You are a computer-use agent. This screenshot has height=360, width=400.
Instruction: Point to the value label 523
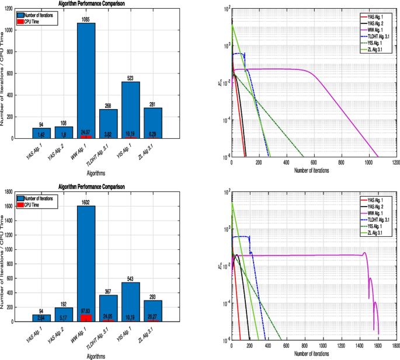[131, 78]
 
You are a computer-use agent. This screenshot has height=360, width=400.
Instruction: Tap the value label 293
[154, 296]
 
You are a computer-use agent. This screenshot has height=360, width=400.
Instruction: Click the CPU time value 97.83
[86, 318]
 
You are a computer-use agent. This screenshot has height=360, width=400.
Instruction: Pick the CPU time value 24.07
[86, 132]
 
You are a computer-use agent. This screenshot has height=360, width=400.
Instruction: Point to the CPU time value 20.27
[154, 318]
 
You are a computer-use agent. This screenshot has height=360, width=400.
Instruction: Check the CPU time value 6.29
[154, 134]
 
